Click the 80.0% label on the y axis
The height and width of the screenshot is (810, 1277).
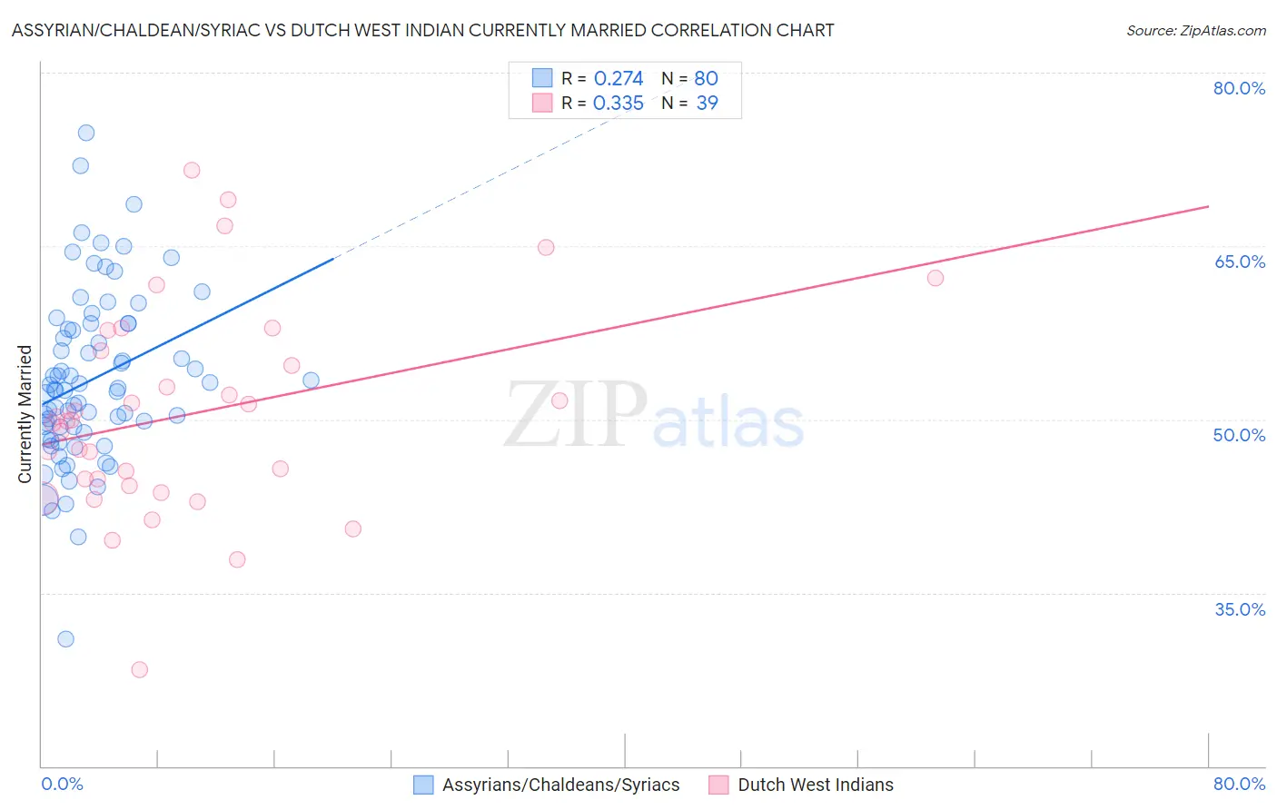[1239, 88]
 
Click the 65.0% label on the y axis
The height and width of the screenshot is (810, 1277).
[1239, 262]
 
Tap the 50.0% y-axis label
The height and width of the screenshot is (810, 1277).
[1239, 435]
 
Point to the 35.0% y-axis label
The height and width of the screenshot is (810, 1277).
[1239, 609]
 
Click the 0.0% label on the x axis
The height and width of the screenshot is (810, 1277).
[62, 784]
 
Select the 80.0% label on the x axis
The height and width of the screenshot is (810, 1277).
[1239, 784]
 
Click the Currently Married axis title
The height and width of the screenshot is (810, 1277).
[25, 414]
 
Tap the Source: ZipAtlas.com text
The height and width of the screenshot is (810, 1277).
[1195, 30]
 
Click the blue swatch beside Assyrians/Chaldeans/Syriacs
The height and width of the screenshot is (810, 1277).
[423, 785]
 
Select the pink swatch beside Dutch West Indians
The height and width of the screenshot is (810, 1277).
[718, 785]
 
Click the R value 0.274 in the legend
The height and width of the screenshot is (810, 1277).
[618, 78]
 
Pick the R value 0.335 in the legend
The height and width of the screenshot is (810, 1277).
[618, 104]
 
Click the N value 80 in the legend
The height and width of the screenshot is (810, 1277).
[706, 78]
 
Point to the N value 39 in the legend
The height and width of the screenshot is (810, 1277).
[707, 104]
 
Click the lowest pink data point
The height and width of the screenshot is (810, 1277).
[139, 669]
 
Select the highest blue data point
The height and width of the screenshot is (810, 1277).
[86, 133]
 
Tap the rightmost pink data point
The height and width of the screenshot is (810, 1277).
[935, 278]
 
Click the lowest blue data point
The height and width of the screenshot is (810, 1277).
[65, 638]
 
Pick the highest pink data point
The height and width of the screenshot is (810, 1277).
[192, 170]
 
